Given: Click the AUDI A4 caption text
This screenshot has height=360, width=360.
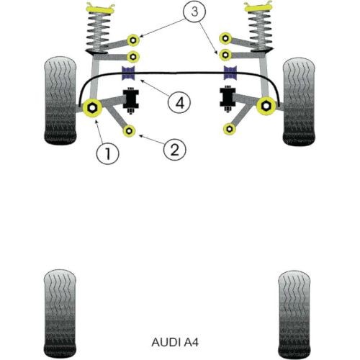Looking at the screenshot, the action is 175,342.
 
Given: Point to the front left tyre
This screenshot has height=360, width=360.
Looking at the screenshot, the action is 60,101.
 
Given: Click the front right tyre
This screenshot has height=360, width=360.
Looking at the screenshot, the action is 299,102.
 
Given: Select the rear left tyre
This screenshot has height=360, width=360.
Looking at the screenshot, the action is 60,314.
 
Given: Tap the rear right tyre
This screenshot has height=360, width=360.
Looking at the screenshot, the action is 294,315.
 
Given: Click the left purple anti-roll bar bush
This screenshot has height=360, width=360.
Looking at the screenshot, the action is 129,73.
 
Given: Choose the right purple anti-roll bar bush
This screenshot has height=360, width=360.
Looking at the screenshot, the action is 230,73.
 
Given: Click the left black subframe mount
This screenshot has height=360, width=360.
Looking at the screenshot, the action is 131,99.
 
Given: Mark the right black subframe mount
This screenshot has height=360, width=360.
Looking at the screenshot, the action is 228,99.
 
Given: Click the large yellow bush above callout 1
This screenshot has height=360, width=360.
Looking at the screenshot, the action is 92,107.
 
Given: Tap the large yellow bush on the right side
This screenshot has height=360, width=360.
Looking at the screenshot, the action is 266,106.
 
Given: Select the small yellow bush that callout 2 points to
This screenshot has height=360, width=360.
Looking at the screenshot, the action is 129,131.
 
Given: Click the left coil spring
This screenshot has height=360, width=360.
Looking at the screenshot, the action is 99,31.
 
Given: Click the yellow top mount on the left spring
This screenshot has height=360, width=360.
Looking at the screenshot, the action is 99,9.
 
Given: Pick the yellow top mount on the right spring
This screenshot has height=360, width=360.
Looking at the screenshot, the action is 258,7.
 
